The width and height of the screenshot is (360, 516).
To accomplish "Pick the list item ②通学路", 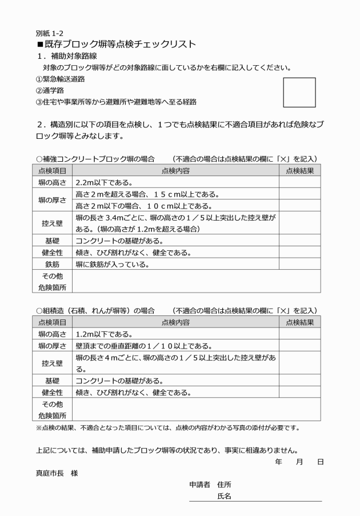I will [48, 90].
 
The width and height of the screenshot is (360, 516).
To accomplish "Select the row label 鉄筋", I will [52, 264].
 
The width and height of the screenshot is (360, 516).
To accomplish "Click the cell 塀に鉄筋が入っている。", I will [113, 264].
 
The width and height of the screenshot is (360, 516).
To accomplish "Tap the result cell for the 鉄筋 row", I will [299, 264].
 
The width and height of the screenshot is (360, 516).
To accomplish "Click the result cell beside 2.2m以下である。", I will [299, 183].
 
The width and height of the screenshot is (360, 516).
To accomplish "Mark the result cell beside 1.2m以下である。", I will [299, 334].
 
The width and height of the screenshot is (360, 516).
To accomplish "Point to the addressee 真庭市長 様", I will [56, 474].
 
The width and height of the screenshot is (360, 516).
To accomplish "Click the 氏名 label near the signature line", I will [224, 495].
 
